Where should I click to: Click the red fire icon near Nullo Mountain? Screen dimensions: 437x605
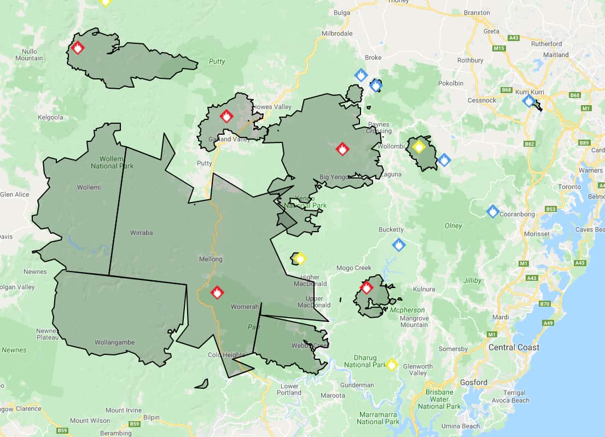point(78,48)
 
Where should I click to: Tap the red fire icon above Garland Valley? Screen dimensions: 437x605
point(226,116)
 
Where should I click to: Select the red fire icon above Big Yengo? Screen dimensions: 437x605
point(342,149)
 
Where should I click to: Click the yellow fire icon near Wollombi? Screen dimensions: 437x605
point(419,147)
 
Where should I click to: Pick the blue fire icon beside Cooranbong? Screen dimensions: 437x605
point(493,211)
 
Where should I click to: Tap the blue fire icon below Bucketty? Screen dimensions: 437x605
point(399,245)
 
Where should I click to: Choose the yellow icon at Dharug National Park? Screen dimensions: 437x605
point(391,364)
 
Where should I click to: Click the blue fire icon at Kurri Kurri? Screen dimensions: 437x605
point(528,101)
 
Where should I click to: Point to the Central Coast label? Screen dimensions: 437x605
point(514,347)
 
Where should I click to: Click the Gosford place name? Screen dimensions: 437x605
point(473,382)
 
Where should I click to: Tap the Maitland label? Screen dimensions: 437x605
point(556,55)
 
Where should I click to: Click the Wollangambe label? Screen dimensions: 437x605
point(114,342)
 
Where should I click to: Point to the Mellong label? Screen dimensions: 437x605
point(210,259)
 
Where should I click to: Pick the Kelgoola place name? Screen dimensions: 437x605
point(50,117)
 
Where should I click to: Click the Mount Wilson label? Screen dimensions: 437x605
point(90,421)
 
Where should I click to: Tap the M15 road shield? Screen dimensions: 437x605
point(499,49)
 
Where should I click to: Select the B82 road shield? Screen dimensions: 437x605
point(529,144)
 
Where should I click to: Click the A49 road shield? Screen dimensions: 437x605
point(548,323)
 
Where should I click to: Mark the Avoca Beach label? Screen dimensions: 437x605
point(513,400)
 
